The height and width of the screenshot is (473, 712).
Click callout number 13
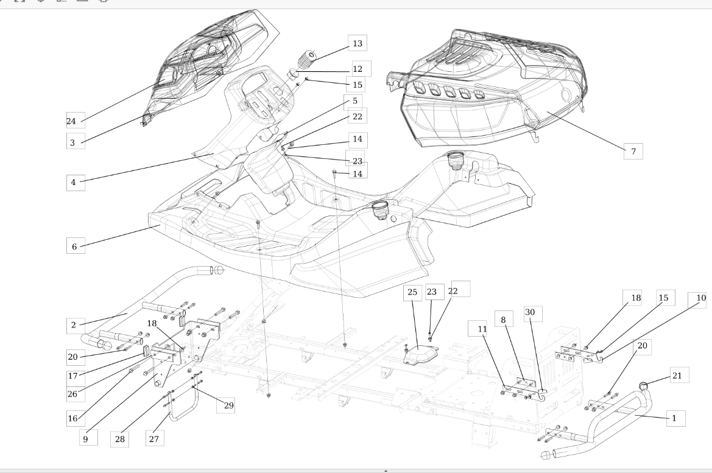(x=358, y=43)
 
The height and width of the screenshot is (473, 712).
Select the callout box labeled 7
(x=633, y=151)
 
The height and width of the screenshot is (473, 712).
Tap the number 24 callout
(x=71, y=121)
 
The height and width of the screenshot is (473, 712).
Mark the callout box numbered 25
(x=412, y=292)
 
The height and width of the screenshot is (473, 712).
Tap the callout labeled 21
(x=677, y=376)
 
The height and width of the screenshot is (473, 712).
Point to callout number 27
(x=154, y=438)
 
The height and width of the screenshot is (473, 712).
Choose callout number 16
(x=72, y=418)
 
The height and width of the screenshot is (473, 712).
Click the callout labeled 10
(x=700, y=298)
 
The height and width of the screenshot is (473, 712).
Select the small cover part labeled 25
(x=420, y=354)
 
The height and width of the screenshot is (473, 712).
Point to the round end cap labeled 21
(x=643, y=386)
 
